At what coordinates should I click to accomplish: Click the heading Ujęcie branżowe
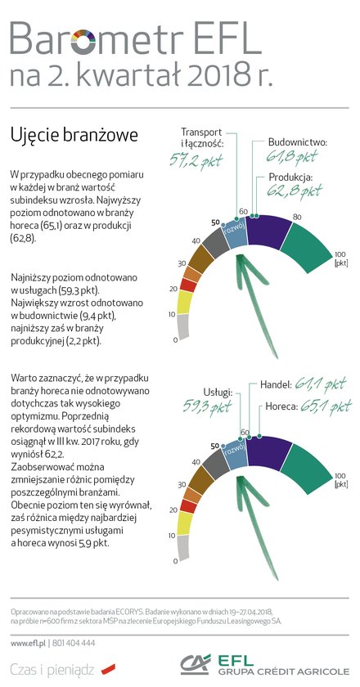[74, 136]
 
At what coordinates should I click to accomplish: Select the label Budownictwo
[298, 142]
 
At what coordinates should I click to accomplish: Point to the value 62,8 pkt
[295, 190]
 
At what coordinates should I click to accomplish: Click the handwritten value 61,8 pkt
[292, 156]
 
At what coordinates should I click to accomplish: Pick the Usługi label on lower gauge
[217, 392]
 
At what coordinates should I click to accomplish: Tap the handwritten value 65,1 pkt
[326, 406]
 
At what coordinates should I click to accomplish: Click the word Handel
[276, 384]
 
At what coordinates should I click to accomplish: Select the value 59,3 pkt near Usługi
[208, 406]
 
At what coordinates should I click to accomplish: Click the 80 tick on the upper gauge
[297, 217]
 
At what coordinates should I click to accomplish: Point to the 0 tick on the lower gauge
[175, 561]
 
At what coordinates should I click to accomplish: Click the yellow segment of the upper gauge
[185, 303]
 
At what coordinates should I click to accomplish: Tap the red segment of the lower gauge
[187, 505]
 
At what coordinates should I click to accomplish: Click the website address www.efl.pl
[29, 643]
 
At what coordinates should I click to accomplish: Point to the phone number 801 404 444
[74, 643]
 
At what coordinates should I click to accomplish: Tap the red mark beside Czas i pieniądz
[108, 669]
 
